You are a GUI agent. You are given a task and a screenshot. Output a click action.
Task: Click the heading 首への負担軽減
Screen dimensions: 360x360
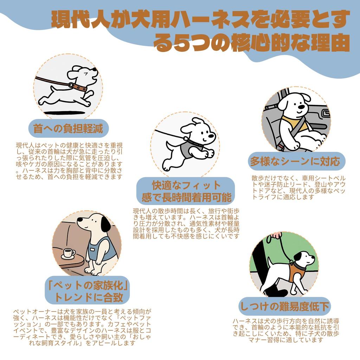click(68, 128)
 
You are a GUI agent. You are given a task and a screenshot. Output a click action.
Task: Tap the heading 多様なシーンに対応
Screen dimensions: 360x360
click(295, 161)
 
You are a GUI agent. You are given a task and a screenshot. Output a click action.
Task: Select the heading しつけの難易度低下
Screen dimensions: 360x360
click(284, 306)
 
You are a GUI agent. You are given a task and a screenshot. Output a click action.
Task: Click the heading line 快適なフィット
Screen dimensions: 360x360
click(186, 185)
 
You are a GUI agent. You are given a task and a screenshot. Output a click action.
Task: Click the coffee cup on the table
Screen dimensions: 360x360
click(69, 253)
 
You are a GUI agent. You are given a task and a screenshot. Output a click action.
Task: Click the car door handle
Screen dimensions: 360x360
click(325, 113)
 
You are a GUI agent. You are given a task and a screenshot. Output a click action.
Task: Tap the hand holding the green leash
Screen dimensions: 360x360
click(276, 235)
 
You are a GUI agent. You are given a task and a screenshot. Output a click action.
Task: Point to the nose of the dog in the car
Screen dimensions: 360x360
click(301, 107)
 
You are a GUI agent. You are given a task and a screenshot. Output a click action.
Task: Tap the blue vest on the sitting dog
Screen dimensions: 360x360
click(101, 249)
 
